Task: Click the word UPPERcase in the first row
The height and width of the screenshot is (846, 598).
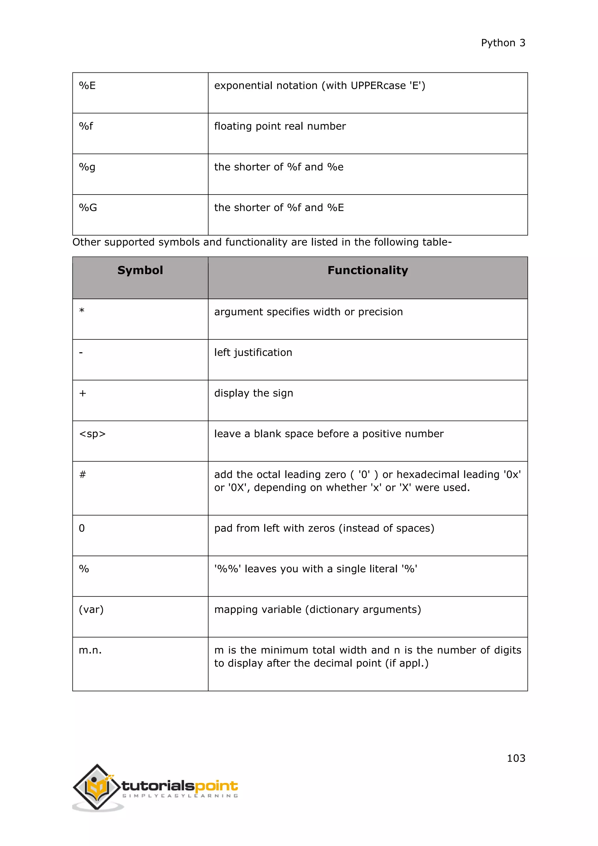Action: coord(378,86)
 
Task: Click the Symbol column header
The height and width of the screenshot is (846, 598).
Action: coord(140,271)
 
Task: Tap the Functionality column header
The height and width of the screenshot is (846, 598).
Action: coord(368,271)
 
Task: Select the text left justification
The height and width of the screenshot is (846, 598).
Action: coord(253,353)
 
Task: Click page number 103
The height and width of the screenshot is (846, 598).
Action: coord(516,758)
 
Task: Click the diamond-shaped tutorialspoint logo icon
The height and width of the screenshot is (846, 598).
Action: coord(97,787)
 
